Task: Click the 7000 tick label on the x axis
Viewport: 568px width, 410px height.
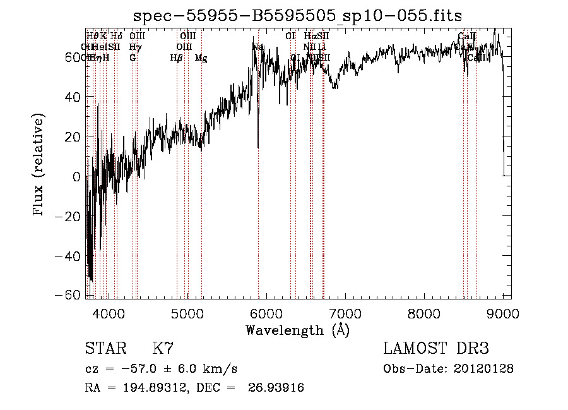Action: (345, 311)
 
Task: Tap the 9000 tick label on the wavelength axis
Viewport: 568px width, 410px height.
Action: (502, 311)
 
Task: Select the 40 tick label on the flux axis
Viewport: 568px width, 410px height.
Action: (73, 97)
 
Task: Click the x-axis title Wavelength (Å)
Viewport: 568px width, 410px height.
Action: (297, 329)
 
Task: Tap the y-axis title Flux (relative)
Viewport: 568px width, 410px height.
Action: (39, 166)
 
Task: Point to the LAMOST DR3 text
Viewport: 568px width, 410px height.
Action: (436, 349)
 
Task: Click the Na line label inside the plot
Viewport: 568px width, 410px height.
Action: (257, 47)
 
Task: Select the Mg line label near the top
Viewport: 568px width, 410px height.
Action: (201, 58)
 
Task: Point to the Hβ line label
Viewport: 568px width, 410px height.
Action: (176, 58)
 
